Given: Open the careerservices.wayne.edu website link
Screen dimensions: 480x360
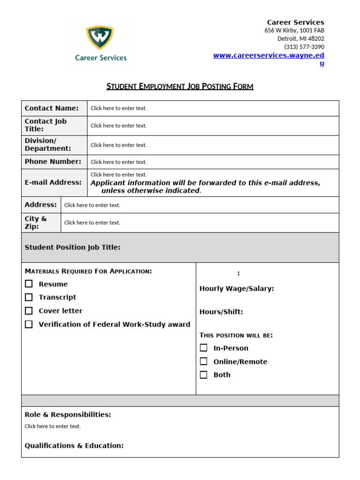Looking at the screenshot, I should pos(268,55).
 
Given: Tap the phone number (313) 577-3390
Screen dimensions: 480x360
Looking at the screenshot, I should pos(304,47).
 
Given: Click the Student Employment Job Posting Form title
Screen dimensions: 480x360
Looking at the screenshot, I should pos(180,86).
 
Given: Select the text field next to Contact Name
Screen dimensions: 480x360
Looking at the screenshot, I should pos(119,108).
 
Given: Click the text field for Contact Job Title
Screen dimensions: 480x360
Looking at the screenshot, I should pos(119,126).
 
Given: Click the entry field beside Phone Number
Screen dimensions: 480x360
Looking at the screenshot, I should pos(119,162).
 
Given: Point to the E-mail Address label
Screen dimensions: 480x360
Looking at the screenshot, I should pos(53,182).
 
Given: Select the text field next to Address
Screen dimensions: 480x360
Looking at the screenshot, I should pos(92,205).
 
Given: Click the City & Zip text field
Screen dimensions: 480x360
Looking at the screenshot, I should pos(92,223).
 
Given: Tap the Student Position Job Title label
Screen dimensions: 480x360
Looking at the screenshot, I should pos(73,247).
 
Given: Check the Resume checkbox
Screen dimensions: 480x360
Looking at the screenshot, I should pos(29,284).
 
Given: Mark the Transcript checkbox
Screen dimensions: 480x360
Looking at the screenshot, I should pos(29,297).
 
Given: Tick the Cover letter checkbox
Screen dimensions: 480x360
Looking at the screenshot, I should pos(29,311).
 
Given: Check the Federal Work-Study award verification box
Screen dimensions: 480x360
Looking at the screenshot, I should pos(29,324).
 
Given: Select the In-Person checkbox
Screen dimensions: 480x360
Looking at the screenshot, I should pos(203,348).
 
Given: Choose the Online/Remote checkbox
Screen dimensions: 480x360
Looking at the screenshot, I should pos(203,361).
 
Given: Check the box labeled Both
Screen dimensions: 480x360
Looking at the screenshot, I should pos(203,375).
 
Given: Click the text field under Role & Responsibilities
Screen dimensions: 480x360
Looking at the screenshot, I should pos(53,427).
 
